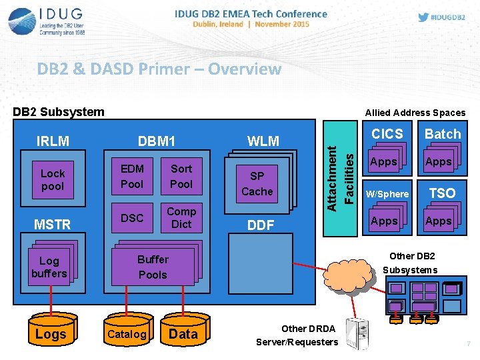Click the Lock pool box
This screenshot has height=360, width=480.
(x=53, y=180)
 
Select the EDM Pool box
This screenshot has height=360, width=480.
(x=132, y=176)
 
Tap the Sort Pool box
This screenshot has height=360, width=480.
(x=181, y=176)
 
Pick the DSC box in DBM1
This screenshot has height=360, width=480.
(x=132, y=218)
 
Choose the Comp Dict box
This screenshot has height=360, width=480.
(x=181, y=218)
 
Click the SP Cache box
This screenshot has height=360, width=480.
(x=257, y=183)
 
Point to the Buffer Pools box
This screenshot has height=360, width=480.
(x=153, y=267)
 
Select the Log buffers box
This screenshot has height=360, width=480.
(x=49, y=267)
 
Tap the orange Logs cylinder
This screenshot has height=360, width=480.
(x=51, y=333)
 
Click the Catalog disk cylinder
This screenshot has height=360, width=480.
(x=127, y=333)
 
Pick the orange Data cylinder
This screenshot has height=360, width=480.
(x=183, y=333)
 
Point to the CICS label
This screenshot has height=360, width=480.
(x=387, y=134)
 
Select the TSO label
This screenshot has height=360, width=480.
(x=442, y=193)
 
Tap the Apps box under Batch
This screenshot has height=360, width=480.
(x=438, y=162)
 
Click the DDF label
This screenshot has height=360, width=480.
(x=261, y=225)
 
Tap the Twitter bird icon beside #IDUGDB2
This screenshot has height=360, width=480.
(x=403, y=17)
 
